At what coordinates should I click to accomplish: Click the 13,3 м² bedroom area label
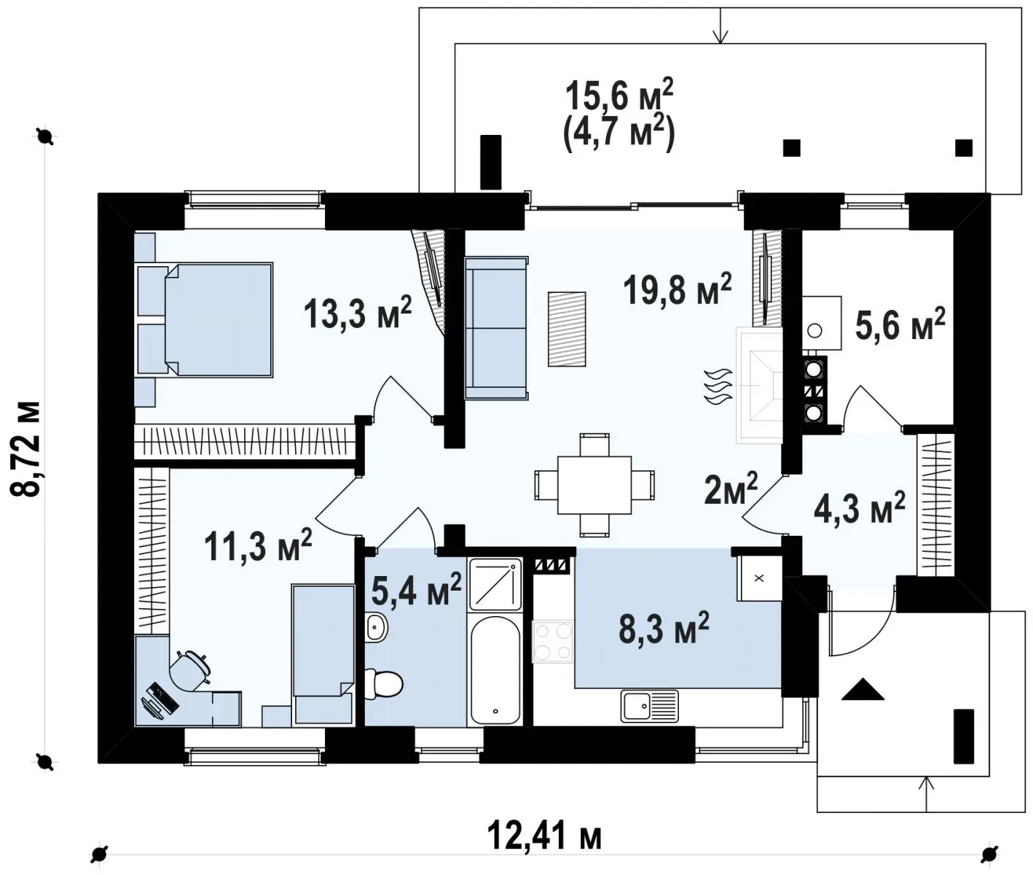pyautogui.click(x=358, y=312)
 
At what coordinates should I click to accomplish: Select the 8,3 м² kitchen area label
pyautogui.click(x=664, y=629)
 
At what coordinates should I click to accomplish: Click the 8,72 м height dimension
pyautogui.click(x=25, y=448)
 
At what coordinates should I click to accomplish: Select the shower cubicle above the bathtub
pyautogui.click(x=495, y=584)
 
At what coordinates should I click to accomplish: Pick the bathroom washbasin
pyautogui.click(x=377, y=627)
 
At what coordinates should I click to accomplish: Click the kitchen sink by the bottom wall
pyautogui.click(x=650, y=706)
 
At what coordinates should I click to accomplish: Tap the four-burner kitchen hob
pyautogui.click(x=553, y=642)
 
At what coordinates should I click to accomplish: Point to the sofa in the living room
pyautogui.click(x=496, y=327)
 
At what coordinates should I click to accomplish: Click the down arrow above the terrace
pyautogui.click(x=720, y=25)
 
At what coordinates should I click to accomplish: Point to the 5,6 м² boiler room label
pyautogui.click(x=900, y=324)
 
